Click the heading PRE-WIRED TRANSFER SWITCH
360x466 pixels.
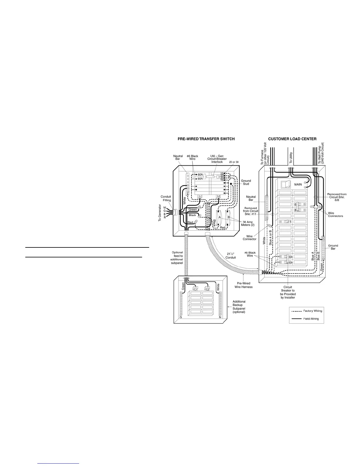pos(206,139)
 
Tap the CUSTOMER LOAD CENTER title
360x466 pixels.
pos(292,139)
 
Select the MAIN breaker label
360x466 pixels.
pos(298,184)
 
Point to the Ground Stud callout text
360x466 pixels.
pos(246,182)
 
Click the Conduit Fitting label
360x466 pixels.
pos(166,199)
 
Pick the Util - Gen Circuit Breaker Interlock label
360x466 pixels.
pos(217,159)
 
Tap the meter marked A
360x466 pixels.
pos(219,217)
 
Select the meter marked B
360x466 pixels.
pos(229,217)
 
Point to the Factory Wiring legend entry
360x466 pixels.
pos(313,311)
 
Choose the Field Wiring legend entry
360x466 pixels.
pos(311,319)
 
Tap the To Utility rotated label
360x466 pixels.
pos(291,158)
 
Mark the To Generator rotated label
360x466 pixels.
pos(160,213)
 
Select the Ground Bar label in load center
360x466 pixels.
pos(333,247)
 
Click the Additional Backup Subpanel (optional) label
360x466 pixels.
pos(239,307)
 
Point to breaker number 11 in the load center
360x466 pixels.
pos(289,222)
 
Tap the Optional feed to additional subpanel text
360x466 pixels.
pos(177,258)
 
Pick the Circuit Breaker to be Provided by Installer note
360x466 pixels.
pos(288,292)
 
